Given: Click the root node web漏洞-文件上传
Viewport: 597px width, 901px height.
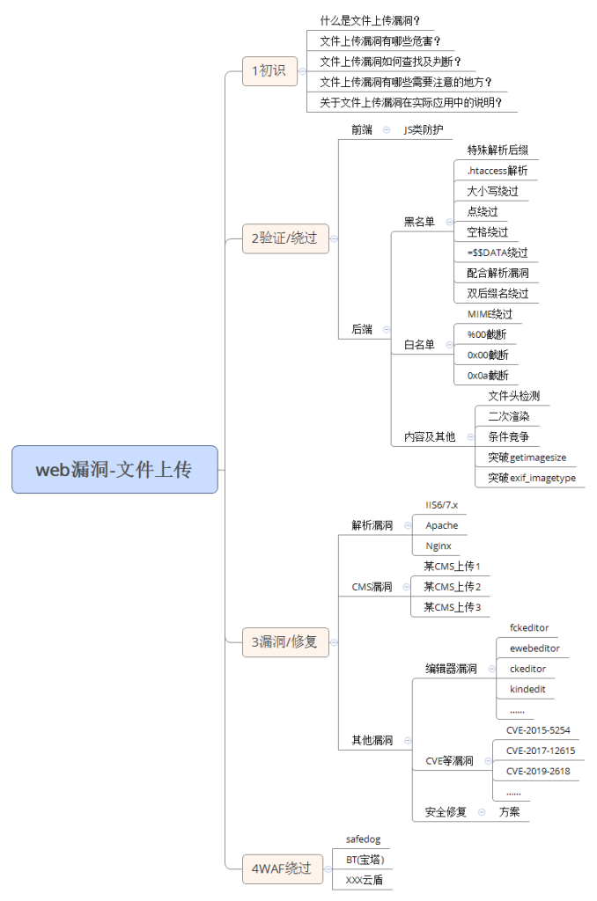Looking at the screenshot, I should coord(114,470).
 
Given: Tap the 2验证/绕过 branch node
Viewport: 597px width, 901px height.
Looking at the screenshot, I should coord(284,238).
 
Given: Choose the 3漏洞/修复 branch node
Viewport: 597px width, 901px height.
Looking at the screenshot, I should coord(284,642).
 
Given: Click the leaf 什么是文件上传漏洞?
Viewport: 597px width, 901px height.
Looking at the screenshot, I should coord(370,20).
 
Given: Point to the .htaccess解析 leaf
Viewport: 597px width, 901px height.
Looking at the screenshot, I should coord(497,171).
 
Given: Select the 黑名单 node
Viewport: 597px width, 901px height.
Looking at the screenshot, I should coord(419,222).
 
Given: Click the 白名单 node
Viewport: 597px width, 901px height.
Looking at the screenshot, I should coord(419,345).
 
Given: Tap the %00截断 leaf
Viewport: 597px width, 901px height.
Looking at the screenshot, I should coord(487,334).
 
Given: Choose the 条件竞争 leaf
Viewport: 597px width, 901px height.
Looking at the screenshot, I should coord(508,436).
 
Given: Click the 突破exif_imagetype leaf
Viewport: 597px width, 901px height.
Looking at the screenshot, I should coord(532,478).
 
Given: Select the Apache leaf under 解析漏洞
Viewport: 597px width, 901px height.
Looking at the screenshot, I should coord(441,525).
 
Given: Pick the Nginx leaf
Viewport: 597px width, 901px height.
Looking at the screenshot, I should coord(438,546).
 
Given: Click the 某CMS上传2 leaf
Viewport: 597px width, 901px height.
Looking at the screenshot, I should coord(452,587).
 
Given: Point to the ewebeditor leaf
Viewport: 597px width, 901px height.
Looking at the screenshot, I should coord(534,648).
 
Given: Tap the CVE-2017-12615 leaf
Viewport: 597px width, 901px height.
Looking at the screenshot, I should coord(540,751).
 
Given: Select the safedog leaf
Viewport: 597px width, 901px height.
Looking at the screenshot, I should coord(363,839).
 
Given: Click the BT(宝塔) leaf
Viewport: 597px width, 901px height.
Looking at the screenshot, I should coord(365,860).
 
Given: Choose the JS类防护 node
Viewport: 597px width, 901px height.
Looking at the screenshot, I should coord(423,129).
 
